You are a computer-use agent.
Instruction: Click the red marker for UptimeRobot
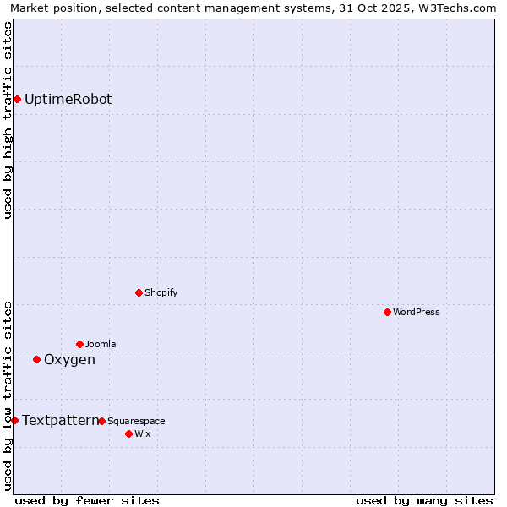click(x=17, y=100)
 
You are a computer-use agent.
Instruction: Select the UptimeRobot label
click(x=68, y=100)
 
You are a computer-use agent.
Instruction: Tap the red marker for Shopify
click(x=139, y=293)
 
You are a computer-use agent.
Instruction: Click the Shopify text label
click(x=161, y=293)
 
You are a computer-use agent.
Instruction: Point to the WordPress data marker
click(x=388, y=313)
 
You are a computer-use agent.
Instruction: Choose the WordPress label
click(x=416, y=313)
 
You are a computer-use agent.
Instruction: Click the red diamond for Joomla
click(x=80, y=345)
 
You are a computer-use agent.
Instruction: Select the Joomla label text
click(x=101, y=345)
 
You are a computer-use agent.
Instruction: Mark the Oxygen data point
click(x=36, y=360)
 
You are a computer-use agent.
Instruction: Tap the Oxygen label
click(x=69, y=360)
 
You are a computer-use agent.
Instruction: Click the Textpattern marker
click(x=14, y=421)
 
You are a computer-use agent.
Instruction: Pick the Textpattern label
click(x=60, y=421)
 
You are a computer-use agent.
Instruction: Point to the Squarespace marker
click(x=102, y=422)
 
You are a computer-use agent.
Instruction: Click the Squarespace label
click(x=136, y=422)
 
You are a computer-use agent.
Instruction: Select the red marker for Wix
click(x=129, y=434)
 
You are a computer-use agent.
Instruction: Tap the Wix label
click(x=143, y=434)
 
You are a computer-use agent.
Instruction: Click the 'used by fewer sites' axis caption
click(x=87, y=500)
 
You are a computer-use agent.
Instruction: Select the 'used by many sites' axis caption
click(x=424, y=500)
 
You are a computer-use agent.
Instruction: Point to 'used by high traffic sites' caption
click(x=8, y=120)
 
